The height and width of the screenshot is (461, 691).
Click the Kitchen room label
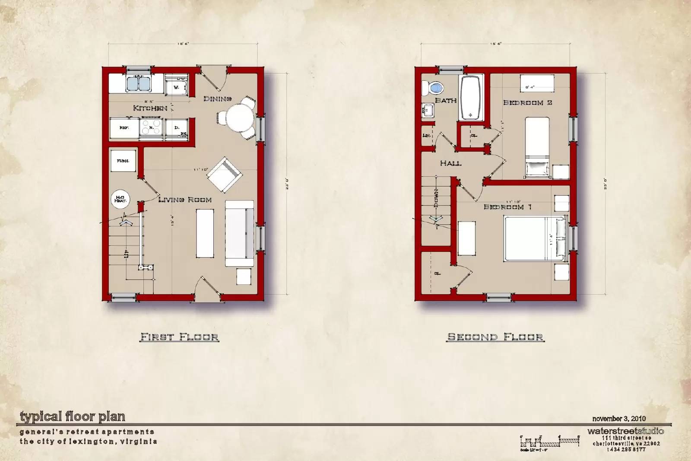point(150,108)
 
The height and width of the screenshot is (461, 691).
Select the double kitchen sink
point(138,83)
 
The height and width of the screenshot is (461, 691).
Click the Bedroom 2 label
point(527,103)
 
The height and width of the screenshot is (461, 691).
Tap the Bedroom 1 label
point(507,207)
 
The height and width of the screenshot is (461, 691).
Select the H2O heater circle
point(120,199)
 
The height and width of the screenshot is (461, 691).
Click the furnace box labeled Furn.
point(123,161)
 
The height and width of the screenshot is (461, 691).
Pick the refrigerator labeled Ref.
point(124,128)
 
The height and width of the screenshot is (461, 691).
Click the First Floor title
point(179,337)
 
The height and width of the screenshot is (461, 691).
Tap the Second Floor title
point(495,337)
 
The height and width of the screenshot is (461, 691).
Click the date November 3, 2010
point(619,419)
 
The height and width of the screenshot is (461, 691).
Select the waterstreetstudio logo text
point(625,431)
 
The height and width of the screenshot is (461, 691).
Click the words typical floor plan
point(73,417)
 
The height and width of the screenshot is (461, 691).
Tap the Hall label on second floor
point(450,163)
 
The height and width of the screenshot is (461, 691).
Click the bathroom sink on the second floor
point(428,111)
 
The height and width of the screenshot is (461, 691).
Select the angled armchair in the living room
point(224,174)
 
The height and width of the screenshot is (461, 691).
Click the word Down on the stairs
point(436,197)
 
